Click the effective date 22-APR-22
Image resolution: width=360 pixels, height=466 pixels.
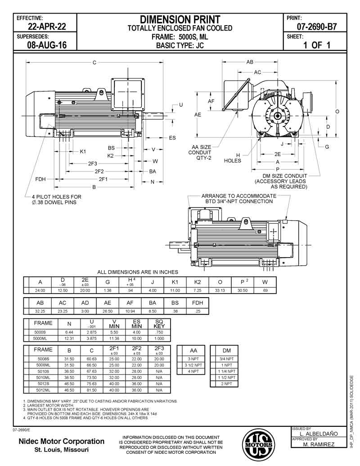coord(47,27)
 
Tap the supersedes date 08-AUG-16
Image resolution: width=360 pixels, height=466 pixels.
coord(47,45)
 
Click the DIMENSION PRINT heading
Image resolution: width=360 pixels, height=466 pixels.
coord(180,19)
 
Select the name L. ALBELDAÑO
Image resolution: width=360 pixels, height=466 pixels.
coord(319,434)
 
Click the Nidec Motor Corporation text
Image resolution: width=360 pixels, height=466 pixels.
coord(61,441)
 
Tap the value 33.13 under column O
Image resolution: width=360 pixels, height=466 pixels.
coord(220,291)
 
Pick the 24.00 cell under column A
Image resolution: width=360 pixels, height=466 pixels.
coord(40,291)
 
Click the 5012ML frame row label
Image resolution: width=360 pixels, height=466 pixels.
coord(43,390)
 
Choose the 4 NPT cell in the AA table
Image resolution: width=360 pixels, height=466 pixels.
coord(193,371)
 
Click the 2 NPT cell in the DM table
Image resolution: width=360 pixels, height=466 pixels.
coord(226,384)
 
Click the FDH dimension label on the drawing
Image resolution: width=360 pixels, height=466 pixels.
coord(40,179)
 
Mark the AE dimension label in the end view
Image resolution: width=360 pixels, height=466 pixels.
coord(198,115)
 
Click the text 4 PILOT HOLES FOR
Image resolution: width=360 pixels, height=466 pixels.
coord(56,197)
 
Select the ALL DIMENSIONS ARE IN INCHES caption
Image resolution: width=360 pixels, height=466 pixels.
coord(138,272)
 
